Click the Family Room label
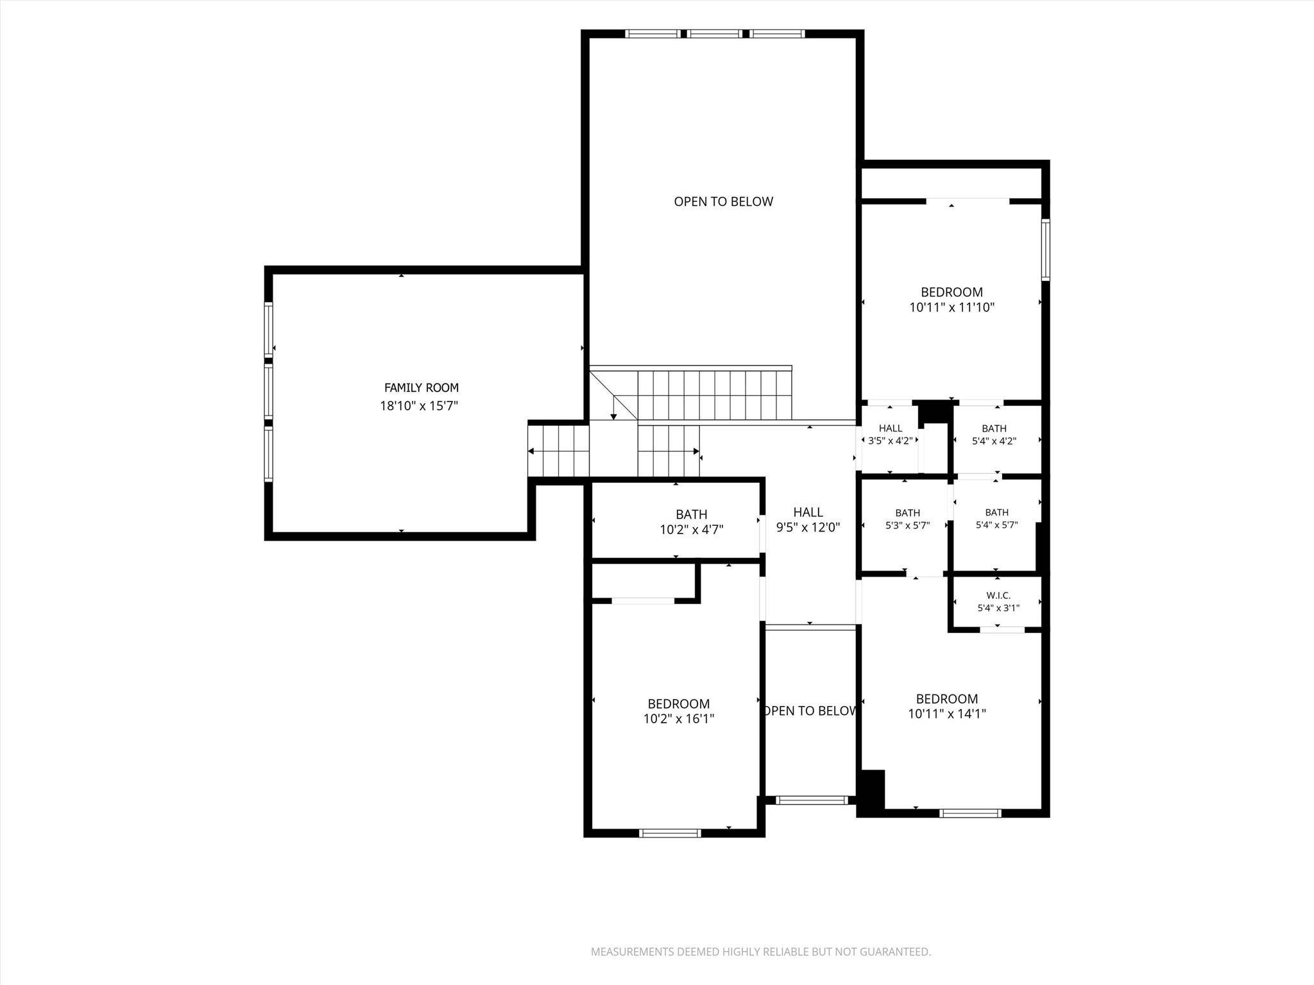click(421, 387)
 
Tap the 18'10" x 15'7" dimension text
click(419, 405)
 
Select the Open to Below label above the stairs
click(723, 201)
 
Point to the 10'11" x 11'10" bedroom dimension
click(951, 307)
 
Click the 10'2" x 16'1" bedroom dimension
click(679, 719)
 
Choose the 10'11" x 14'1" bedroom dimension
click(947, 714)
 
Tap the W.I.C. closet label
click(998, 596)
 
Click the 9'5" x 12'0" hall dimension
click(808, 528)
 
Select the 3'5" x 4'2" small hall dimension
click(890, 441)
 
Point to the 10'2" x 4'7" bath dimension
click(692, 530)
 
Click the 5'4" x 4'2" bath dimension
click(994, 441)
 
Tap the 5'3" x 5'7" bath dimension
click(907, 525)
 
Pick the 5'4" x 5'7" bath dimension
click(996, 525)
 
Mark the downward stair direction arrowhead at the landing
click(613, 417)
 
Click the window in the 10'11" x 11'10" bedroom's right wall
click(1045, 249)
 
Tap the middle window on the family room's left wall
click(269, 391)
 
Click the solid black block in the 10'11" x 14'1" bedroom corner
click(871, 793)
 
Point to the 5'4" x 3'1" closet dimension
click(998, 608)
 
